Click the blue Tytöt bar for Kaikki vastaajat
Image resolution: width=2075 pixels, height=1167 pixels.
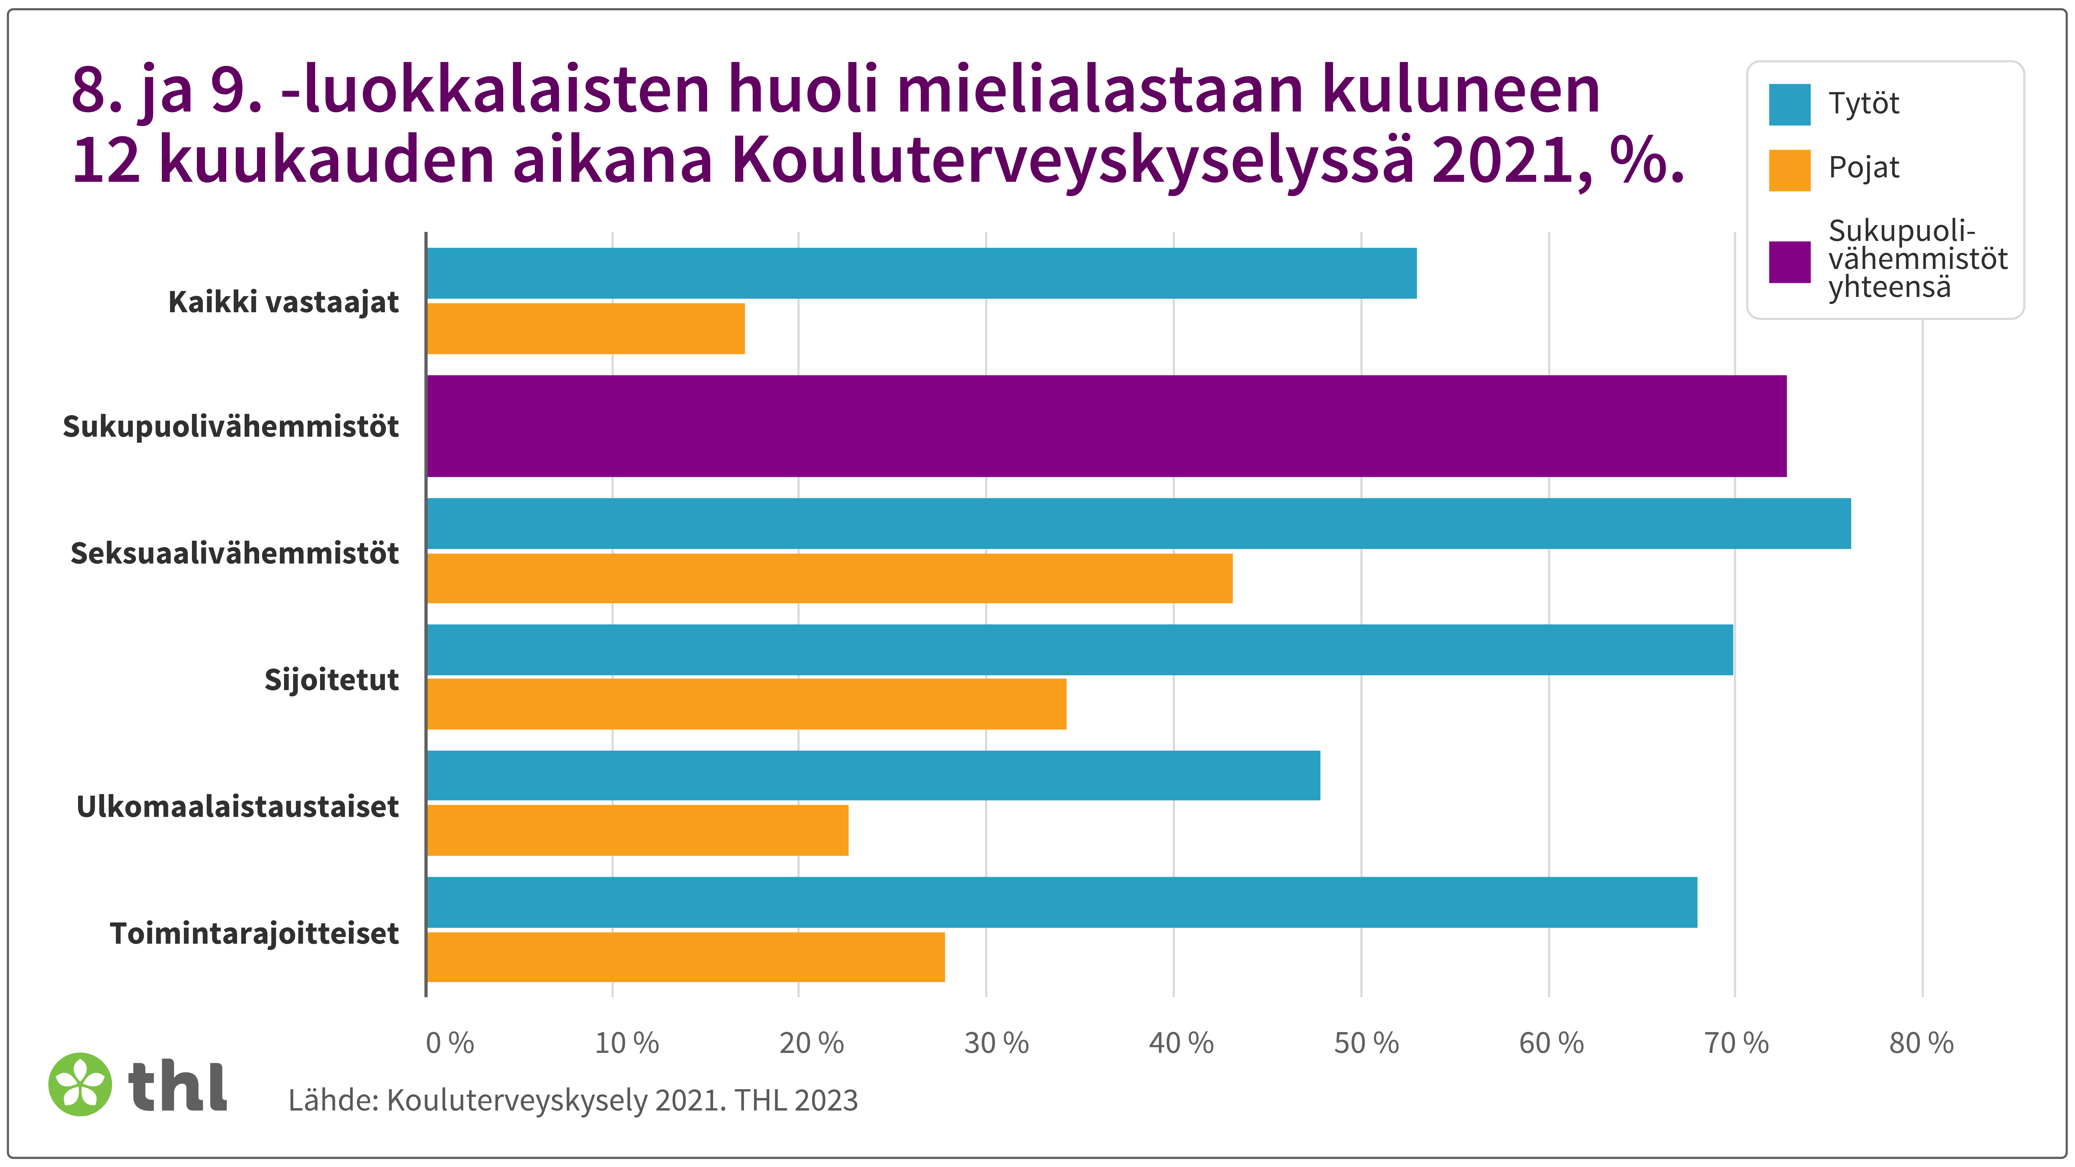pyautogui.click(x=921, y=273)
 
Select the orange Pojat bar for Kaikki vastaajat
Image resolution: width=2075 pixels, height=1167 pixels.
pyautogui.click(x=586, y=329)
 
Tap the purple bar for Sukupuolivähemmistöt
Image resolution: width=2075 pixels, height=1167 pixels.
pyautogui.click(x=1106, y=426)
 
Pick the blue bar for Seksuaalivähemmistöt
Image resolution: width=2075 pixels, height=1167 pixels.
pyautogui.click(x=1138, y=524)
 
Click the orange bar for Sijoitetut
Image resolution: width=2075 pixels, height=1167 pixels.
pyautogui.click(x=747, y=704)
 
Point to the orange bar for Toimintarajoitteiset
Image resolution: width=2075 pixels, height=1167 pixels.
pyautogui.click(x=686, y=957)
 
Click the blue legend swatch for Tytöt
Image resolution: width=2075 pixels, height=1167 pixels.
pyautogui.click(x=1789, y=105)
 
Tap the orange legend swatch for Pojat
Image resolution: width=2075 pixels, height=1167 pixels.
pyautogui.click(x=1789, y=170)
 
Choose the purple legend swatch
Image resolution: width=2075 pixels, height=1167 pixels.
pyautogui.click(x=1789, y=262)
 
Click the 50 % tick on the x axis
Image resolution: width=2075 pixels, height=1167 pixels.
pyautogui.click(x=1366, y=1043)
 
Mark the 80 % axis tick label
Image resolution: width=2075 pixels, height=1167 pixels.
pyautogui.click(x=1921, y=1043)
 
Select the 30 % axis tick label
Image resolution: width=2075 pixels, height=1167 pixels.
pyautogui.click(x=997, y=1043)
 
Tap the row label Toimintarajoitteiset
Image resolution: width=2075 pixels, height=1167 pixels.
pyautogui.click(x=254, y=933)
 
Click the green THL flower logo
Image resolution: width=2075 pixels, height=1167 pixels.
pyautogui.click(x=80, y=1084)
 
